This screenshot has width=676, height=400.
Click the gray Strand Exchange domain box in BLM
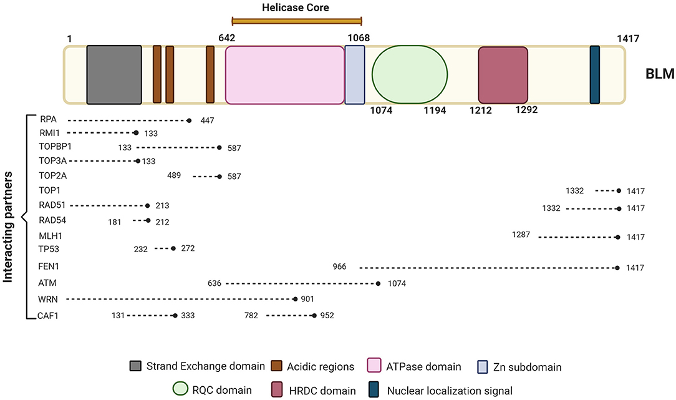(114, 75)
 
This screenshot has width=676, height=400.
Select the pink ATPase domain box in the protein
(284, 75)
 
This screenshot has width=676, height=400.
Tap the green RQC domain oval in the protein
(410, 75)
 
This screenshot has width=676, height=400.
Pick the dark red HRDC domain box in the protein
(503, 75)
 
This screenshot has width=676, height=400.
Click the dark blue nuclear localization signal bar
(594, 75)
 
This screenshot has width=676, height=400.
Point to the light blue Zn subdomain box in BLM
(355, 75)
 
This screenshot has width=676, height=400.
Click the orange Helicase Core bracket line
(297, 21)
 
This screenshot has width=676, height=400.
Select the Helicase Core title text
(296, 7)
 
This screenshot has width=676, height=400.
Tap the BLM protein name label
(660, 74)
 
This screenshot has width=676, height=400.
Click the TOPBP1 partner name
(55, 146)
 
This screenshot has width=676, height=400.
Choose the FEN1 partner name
(48, 266)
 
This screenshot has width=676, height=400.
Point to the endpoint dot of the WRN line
(296, 299)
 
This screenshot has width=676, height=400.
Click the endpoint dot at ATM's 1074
(378, 283)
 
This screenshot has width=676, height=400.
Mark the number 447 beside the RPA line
(207, 120)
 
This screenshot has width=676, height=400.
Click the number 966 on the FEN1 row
(339, 266)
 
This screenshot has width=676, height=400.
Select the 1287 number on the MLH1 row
(521, 235)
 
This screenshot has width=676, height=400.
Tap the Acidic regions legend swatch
(276, 366)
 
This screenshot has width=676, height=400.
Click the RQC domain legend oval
(180, 389)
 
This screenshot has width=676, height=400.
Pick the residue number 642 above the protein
(227, 38)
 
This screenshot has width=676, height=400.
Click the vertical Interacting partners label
(7, 227)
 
